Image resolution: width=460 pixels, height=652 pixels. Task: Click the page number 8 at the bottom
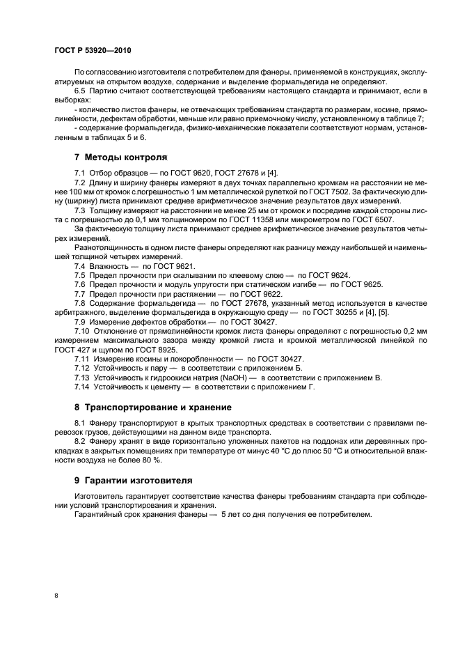[x=56, y=595]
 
